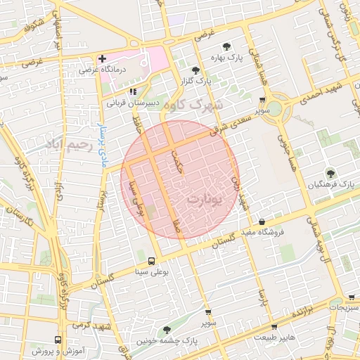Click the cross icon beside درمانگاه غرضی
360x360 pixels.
coord(103,58)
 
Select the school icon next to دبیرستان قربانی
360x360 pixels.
coord(132,91)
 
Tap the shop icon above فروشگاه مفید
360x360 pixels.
coord(262,221)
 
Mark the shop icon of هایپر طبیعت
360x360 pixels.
coord(274,327)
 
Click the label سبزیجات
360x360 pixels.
coord(344,307)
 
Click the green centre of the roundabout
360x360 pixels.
coord(274,109)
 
